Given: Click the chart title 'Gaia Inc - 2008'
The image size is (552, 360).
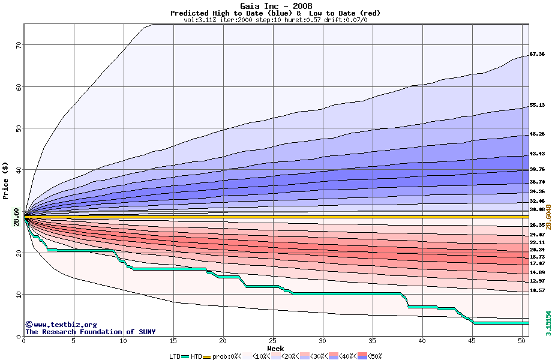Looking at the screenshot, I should tap(275, 5).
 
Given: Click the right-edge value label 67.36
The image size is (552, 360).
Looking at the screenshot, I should tap(537, 54).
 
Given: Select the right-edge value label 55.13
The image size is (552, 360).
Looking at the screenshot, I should tap(537, 106).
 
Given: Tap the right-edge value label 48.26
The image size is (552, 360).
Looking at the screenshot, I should tap(537, 134).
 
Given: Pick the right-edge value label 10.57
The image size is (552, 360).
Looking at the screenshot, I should tap(537, 290).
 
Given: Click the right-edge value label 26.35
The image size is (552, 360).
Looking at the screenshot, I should tap(537, 225).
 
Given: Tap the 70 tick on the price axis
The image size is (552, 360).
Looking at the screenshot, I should tap(18, 44).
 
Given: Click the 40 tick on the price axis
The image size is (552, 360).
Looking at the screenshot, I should tap(18, 170).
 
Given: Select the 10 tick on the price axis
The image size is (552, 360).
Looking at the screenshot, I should tap(18, 295).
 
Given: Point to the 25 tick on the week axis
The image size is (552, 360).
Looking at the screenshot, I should tap(273, 341).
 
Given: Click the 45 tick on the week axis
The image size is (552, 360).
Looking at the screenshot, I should tap(472, 341).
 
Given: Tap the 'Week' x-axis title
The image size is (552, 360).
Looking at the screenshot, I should tap(275, 348).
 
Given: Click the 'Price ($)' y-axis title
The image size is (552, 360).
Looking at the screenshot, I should tap(6, 180).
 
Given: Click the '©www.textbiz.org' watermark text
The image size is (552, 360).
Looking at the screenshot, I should tap(61, 324).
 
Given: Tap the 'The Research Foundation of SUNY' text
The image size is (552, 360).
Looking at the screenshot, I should tap(90, 331).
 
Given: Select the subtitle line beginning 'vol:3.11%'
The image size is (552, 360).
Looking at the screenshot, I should tap(275, 20).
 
